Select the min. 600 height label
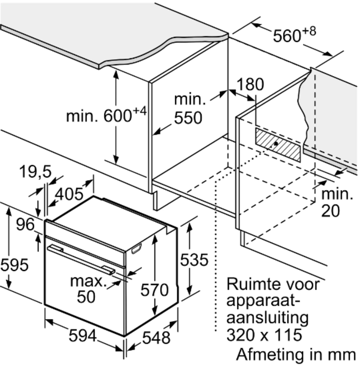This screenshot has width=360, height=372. [104, 115]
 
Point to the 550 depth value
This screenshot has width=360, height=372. [188, 118]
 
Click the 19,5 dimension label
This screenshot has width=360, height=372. [35, 172]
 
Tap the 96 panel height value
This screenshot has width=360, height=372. [25, 224]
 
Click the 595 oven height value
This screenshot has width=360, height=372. [14, 265]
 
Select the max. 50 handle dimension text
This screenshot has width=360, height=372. [89, 288]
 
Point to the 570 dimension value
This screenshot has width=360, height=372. [154, 289]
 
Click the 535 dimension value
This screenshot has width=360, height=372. [194, 260]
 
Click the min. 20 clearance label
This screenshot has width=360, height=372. [337, 202]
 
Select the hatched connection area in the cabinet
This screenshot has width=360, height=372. [277, 145]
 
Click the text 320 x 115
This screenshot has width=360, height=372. [264, 335]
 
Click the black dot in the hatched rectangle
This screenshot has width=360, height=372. [276, 143]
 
